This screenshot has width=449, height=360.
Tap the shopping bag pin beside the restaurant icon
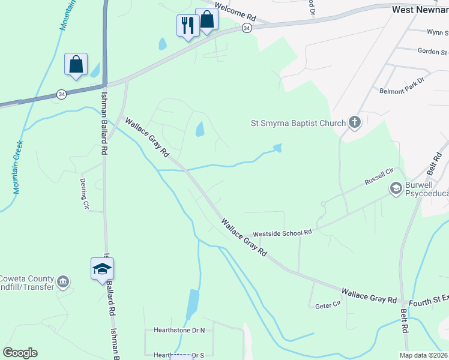206,20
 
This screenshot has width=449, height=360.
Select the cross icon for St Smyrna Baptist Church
355,123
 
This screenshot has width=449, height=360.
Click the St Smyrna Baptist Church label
298,124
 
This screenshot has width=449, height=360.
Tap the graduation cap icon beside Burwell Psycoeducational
396,188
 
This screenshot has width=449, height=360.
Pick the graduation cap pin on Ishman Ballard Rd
102,269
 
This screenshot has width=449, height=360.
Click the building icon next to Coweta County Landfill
63,281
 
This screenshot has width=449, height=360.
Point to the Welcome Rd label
232,9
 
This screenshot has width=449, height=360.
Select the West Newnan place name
420,10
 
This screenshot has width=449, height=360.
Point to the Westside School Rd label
283,232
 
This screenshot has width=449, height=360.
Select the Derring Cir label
85,193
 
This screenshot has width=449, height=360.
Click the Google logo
20,353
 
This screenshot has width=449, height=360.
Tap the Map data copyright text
424,355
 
